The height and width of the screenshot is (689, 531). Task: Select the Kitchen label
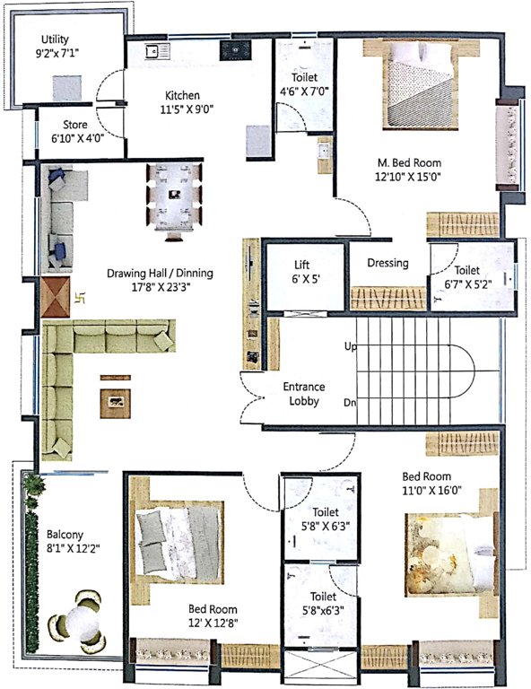click(x=182, y=96)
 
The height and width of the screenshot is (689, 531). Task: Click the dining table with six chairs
click(x=175, y=196)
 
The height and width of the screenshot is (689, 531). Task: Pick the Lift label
click(x=301, y=265)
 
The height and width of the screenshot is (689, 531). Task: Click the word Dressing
click(x=387, y=263)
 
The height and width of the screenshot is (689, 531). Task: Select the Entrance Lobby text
click(x=303, y=395)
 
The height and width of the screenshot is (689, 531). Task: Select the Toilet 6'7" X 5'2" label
click(x=466, y=276)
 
